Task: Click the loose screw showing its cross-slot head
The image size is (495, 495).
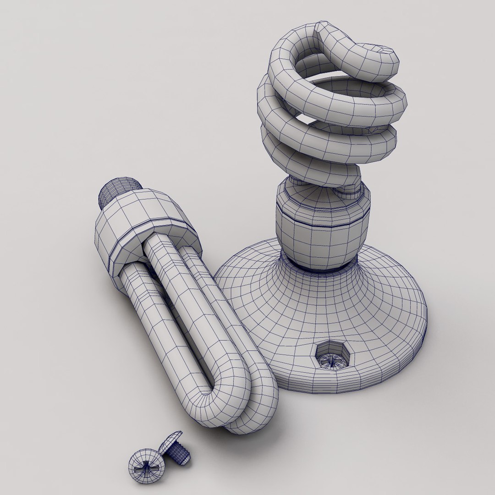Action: (146, 467)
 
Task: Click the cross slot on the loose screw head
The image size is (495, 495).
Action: (145, 469)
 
